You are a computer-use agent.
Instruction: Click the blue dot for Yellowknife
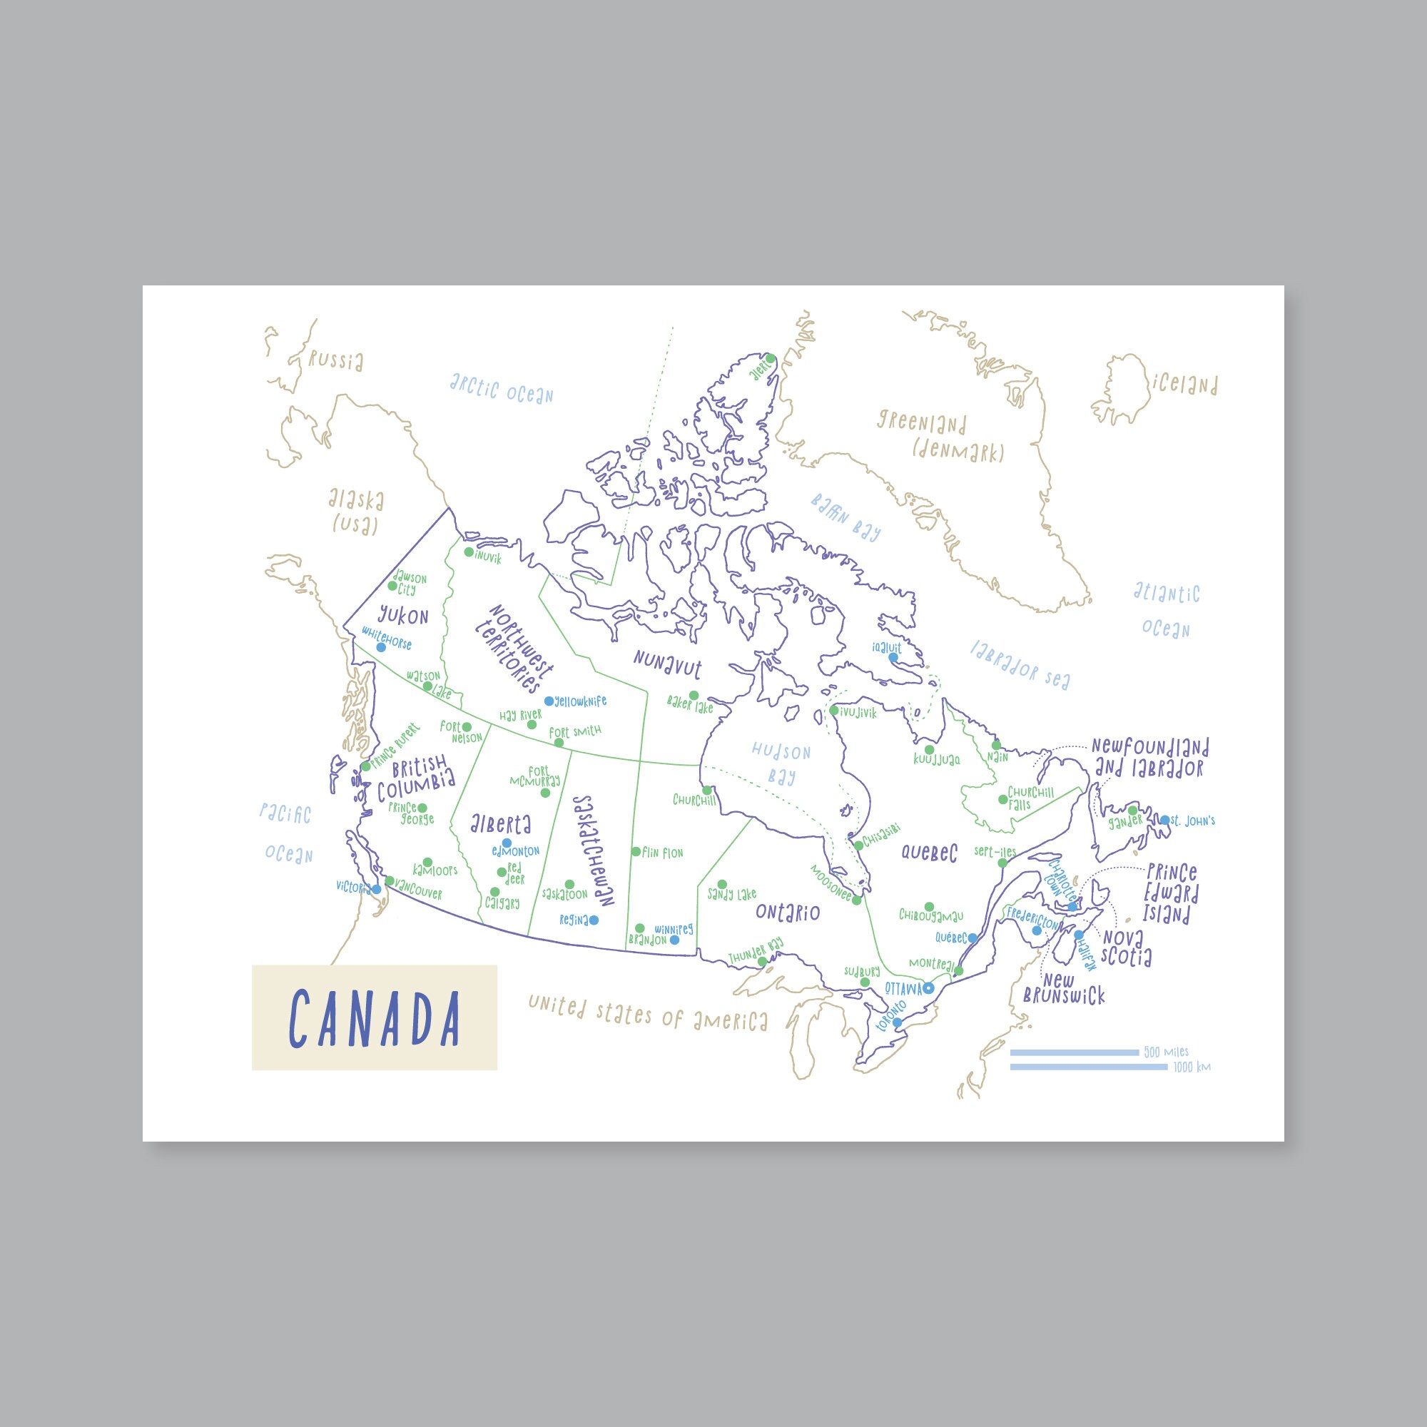[549, 700]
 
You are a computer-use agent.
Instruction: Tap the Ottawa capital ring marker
[928, 988]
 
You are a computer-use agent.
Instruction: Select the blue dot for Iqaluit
[893, 656]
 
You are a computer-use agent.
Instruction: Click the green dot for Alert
[770, 358]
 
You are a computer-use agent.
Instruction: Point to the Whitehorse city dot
[381, 646]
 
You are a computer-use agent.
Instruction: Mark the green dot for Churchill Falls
[1002, 799]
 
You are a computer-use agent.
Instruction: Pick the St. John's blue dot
[1165, 820]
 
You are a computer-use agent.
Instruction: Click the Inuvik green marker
[468, 552]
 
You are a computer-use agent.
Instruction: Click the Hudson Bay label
[781, 763]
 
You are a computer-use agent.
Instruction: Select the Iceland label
[1183, 384]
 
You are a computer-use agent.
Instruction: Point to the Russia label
[336, 361]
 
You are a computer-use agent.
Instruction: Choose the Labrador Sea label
[1020, 664]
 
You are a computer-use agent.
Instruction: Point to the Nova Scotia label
[1127, 948]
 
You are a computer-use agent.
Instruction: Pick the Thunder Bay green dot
[761, 961]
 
